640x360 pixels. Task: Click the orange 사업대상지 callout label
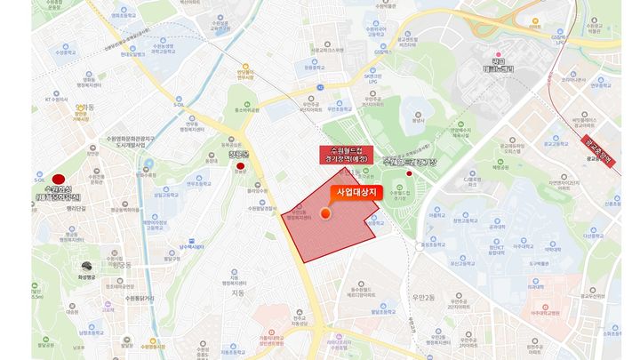click(x=355, y=191)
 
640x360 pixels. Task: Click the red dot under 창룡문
click(x=240, y=166)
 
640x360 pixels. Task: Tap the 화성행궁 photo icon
click(x=86, y=267)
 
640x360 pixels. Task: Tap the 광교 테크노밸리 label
click(x=485, y=65)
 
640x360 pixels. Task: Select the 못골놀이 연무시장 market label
click(x=246, y=76)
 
